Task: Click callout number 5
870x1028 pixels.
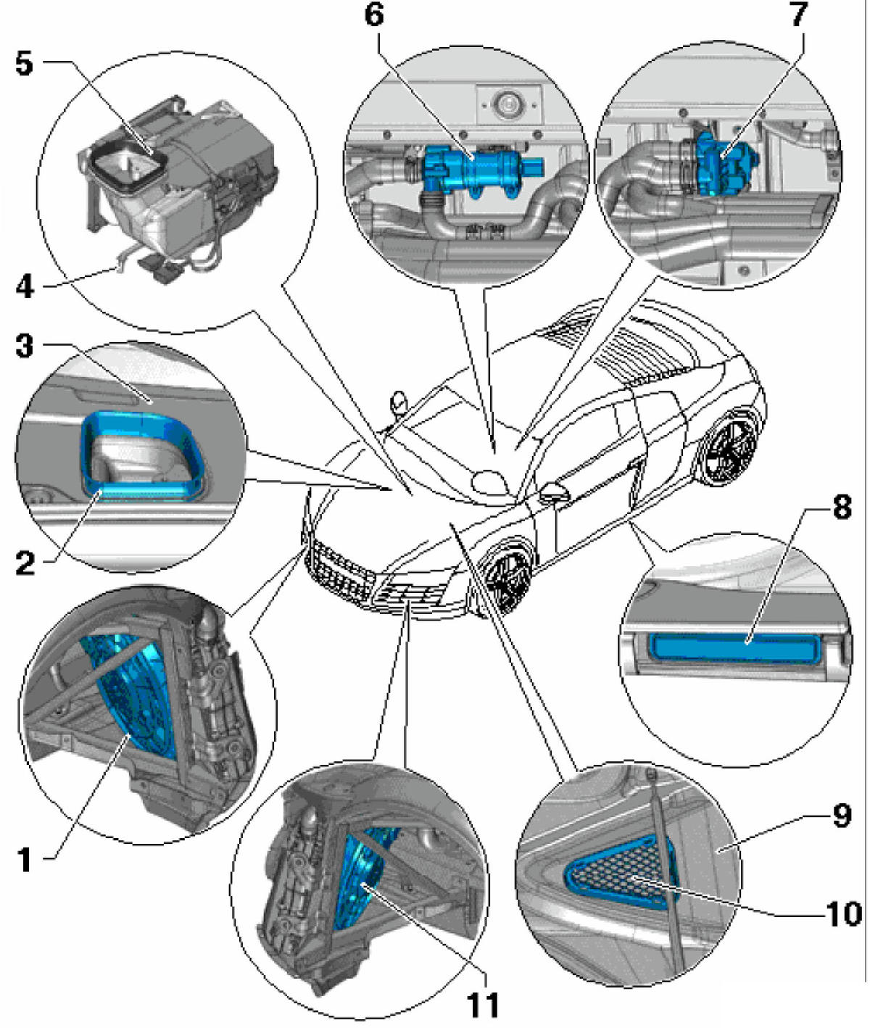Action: click(25, 64)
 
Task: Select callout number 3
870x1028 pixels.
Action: click(25, 346)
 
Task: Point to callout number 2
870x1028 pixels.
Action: click(25, 562)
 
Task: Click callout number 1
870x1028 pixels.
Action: click(25, 860)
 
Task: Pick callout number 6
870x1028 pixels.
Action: click(373, 14)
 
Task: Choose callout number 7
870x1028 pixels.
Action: click(798, 14)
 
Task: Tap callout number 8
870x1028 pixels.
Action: click(841, 507)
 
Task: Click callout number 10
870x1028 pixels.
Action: click(843, 913)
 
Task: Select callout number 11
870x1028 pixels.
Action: click(483, 1005)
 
